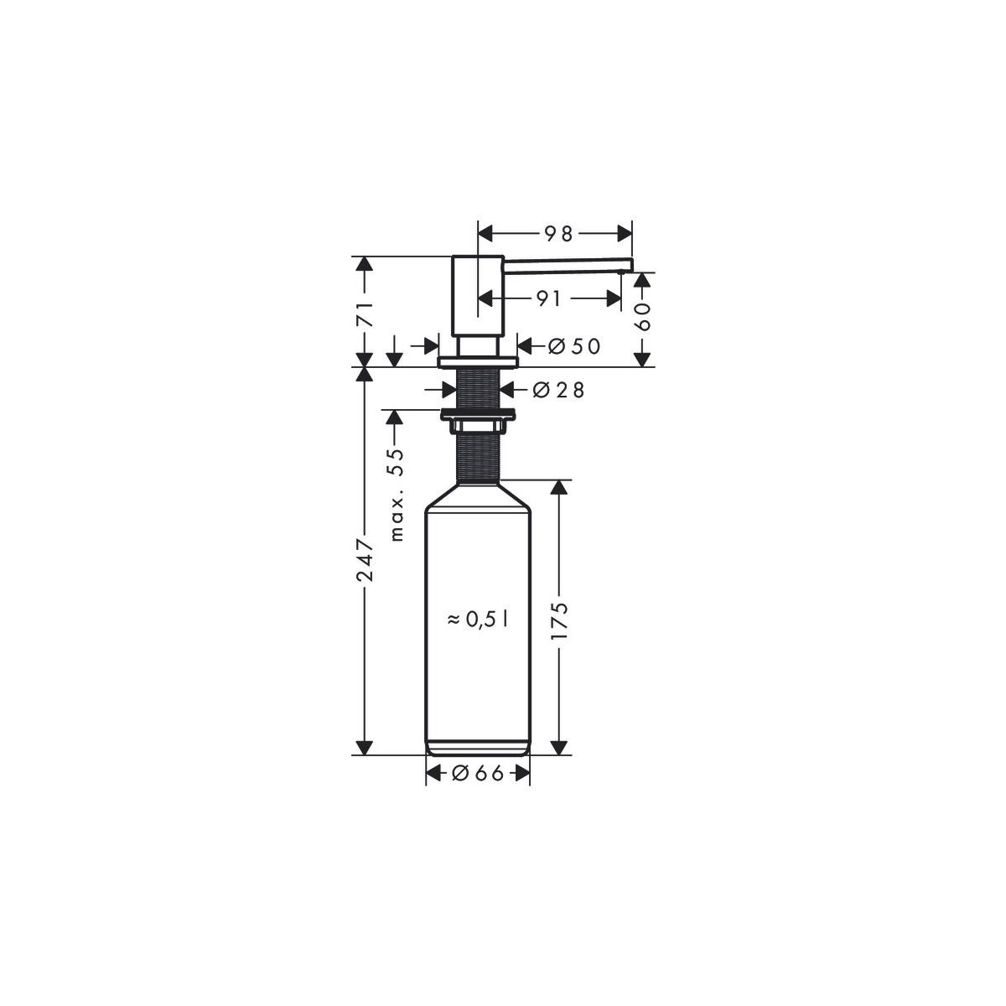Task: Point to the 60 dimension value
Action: (x=643, y=316)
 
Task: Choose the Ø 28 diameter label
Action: (x=558, y=390)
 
